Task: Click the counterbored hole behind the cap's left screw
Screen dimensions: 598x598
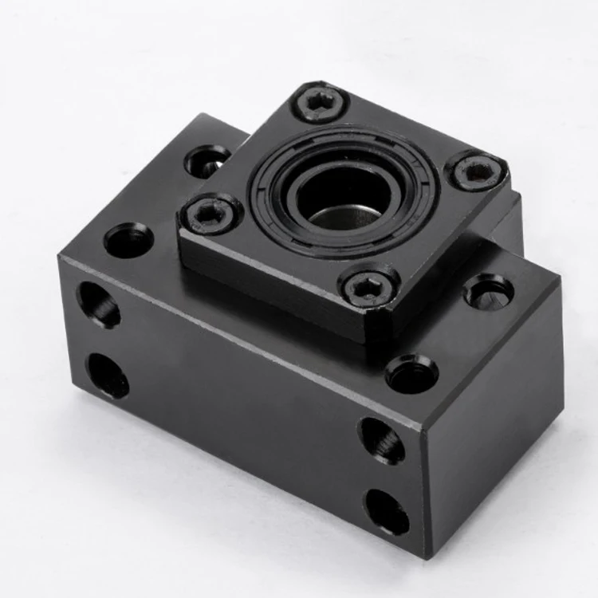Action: pos(207,161)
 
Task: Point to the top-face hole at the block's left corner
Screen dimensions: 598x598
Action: pos(128,239)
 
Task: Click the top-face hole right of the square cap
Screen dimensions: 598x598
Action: pos(489,291)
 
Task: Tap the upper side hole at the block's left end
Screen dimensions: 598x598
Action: pos(98,305)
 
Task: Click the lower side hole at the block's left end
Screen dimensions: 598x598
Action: pos(107,375)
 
